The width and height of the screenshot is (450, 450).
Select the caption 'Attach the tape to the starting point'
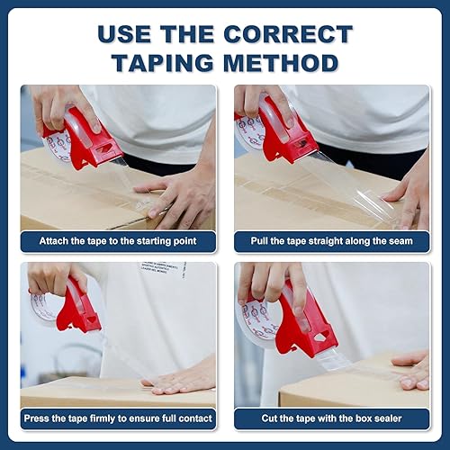tap(118, 241)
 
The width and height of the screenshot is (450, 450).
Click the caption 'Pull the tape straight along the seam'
tap(332, 241)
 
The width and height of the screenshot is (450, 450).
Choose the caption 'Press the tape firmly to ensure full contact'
tap(118, 418)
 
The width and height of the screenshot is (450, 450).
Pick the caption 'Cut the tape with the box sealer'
tap(332, 418)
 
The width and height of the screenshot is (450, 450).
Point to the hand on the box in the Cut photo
tap(412, 369)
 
